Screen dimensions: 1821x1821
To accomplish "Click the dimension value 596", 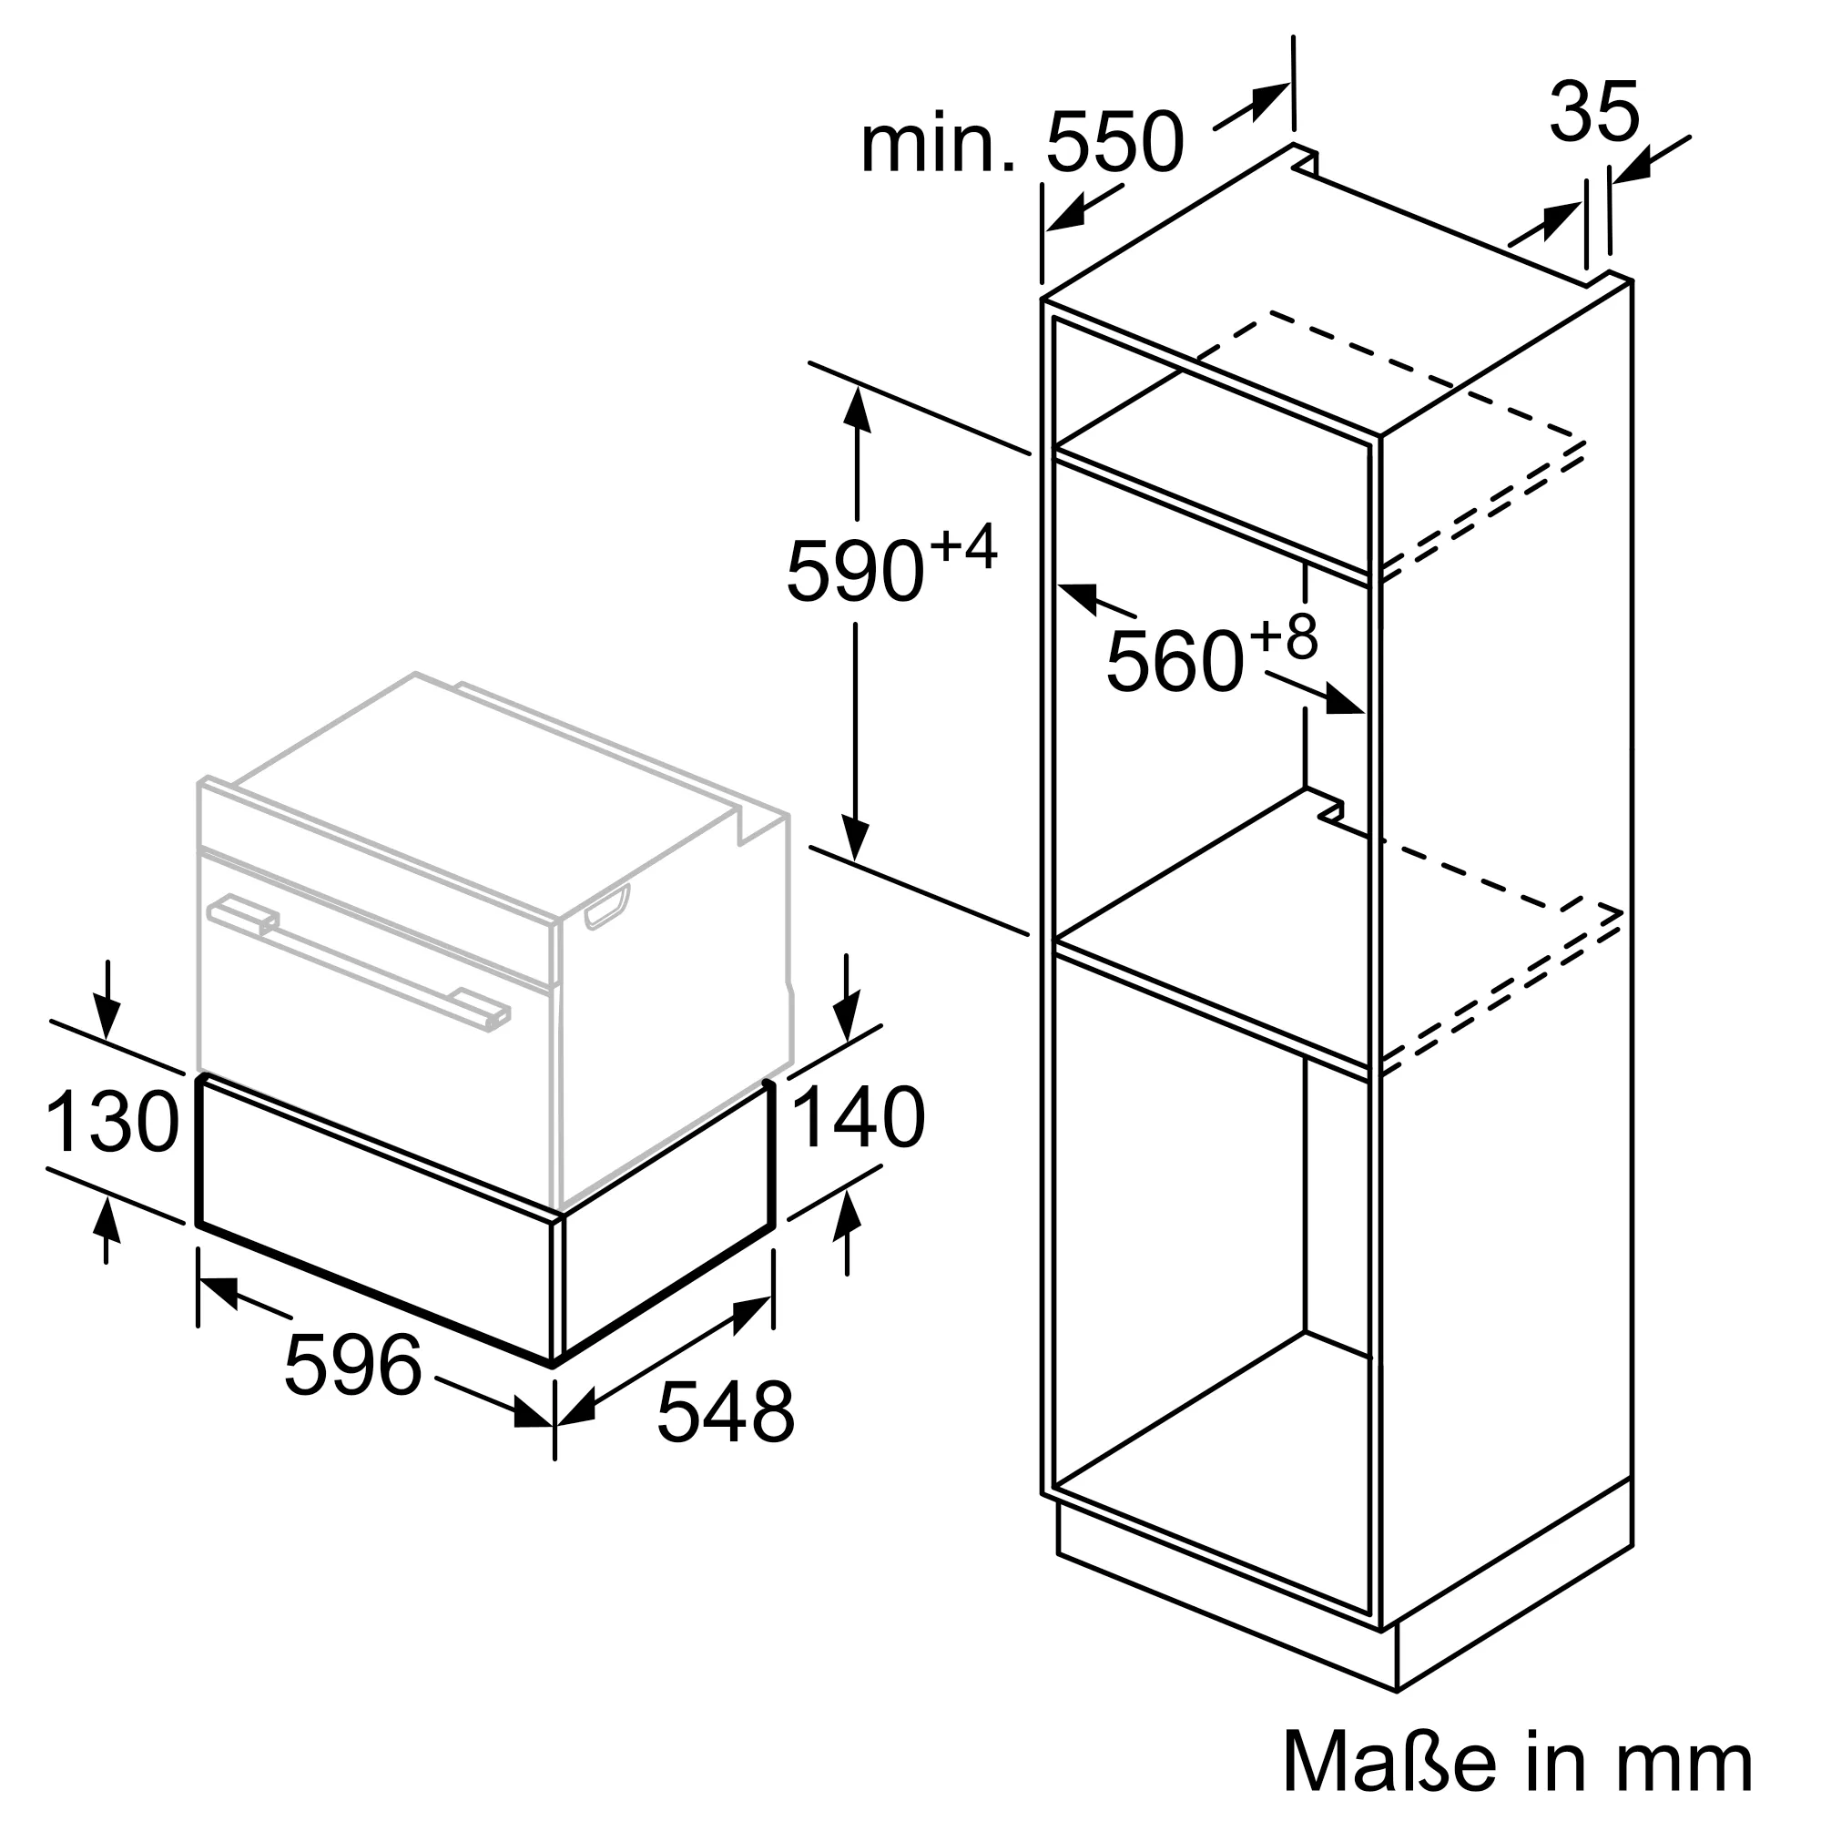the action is click(353, 1363).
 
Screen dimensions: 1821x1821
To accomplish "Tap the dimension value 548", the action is click(726, 1438).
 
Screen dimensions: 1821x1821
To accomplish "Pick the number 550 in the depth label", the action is click(1114, 142).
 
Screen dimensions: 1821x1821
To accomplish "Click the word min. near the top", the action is click(939, 144).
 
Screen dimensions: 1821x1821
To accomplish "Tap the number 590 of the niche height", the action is click(854, 570).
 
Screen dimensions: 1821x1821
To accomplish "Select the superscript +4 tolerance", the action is click(962, 547).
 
